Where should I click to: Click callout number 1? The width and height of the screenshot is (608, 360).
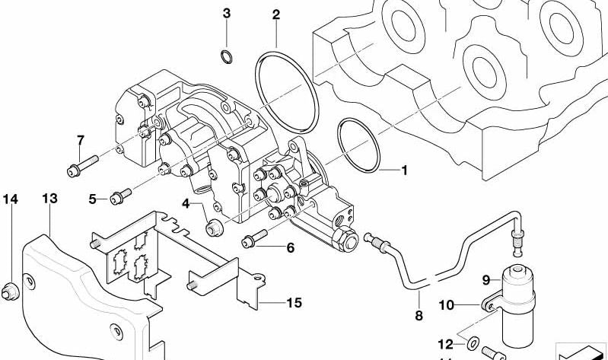click(x=404, y=170)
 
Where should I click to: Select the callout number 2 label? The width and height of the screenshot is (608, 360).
click(x=275, y=14)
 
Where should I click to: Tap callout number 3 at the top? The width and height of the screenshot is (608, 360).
click(x=226, y=14)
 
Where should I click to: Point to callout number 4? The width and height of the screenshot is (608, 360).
click(x=185, y=202)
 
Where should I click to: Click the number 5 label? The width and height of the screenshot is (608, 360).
click(x=92, y=199)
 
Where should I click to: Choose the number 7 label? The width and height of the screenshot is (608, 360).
click(x=79, y=140)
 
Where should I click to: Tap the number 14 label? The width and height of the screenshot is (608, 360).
click(x=10, y=199)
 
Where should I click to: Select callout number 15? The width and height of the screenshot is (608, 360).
click(x=294, y=303)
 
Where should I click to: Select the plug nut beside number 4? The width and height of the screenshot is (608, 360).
click(x=215, y=226)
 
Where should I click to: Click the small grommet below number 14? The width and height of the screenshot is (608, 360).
click(x=10, y=288)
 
